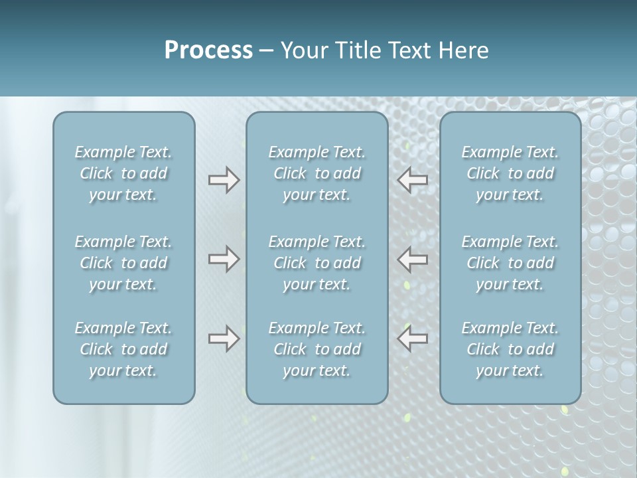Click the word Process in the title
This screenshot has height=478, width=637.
(208, 50)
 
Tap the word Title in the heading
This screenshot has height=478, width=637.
(359, 50)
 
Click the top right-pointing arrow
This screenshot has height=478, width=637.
(224, 180)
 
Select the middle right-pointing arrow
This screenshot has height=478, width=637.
(224, 258)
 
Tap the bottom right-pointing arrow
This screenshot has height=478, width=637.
(224, 339)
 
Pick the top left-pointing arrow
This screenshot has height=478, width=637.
(412, 180)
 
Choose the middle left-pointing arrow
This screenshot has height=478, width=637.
(412, 258)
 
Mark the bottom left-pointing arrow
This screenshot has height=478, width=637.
(412, 339)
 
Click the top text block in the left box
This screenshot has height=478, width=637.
(123, 173)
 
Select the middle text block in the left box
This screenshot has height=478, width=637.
(123, 263)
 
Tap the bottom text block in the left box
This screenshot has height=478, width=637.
(123, 349)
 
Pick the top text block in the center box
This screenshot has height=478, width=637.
(317, 173)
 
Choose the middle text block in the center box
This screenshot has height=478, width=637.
(317, 263)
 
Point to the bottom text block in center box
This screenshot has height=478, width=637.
(317, 349)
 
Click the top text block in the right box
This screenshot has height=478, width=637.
(510, 173)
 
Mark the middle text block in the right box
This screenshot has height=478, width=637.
(510, 263)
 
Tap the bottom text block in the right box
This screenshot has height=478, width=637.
(510, 349)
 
